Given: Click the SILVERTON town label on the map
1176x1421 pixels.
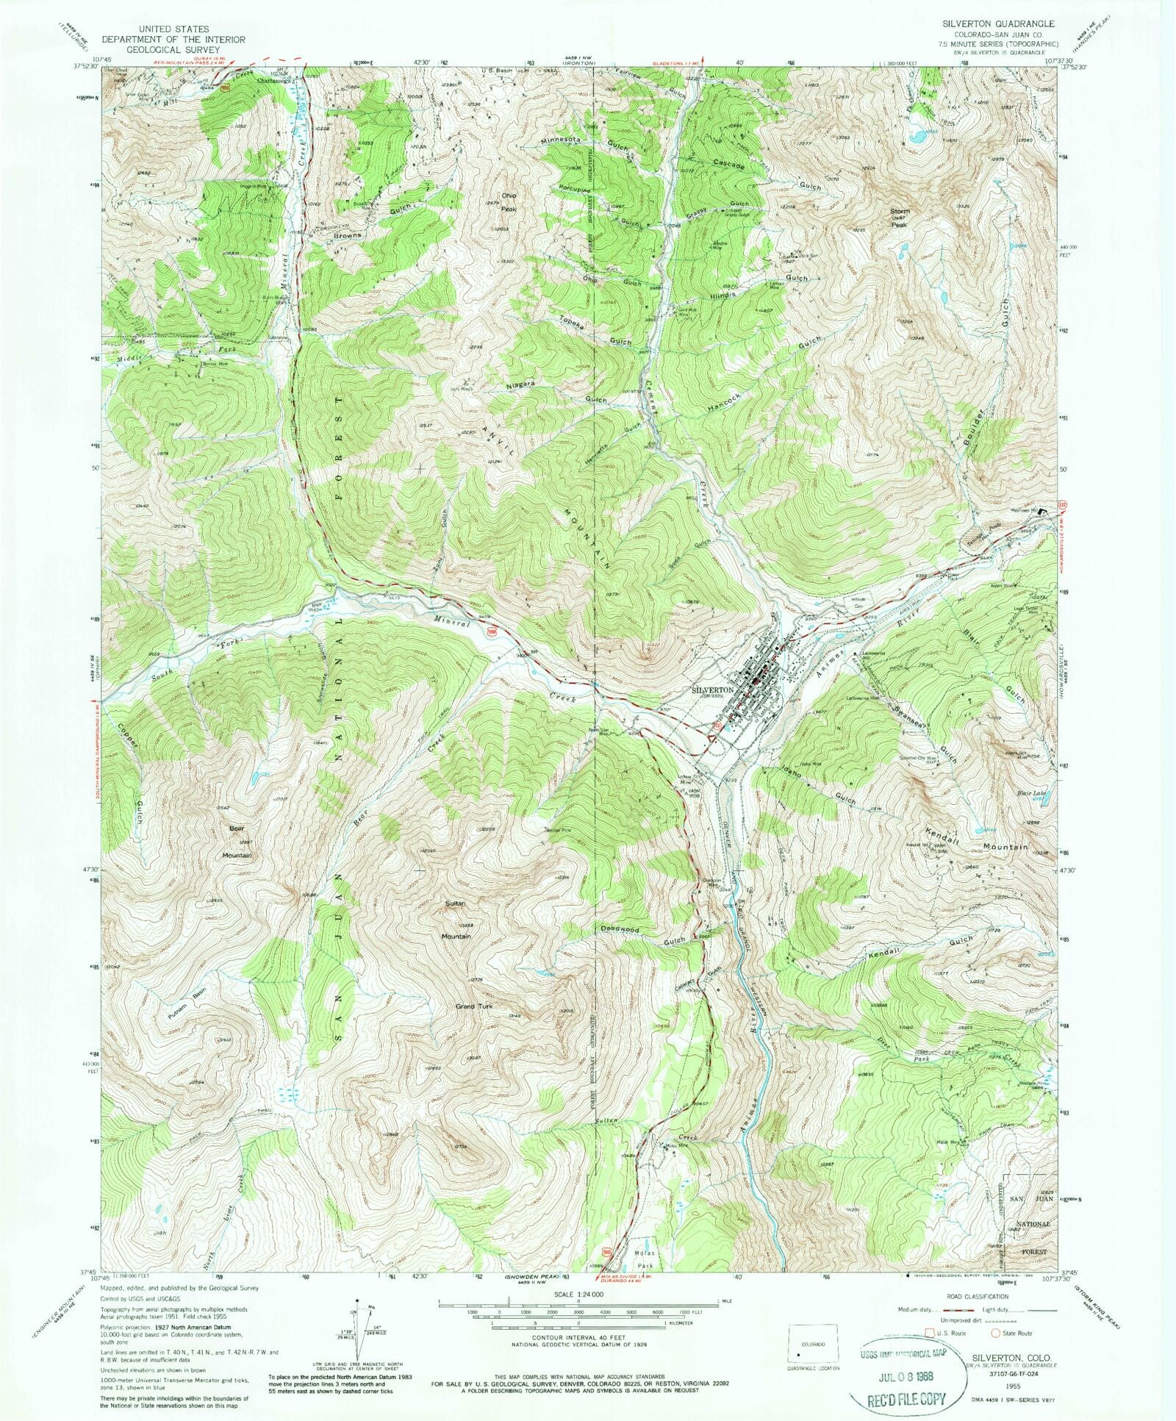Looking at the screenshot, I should (713, 690).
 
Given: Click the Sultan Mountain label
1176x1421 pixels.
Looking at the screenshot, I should (456, 930).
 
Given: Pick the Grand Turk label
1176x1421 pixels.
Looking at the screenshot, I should (474, 1006).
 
